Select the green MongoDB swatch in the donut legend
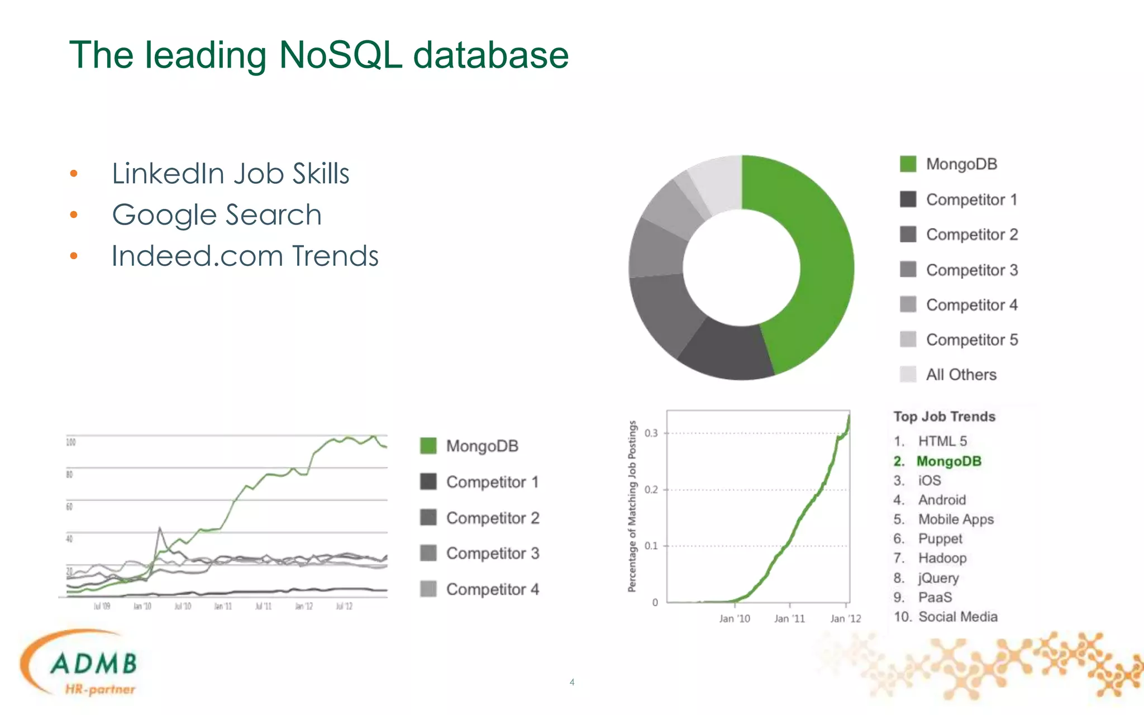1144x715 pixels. pyautogui.click(x=908, y=164)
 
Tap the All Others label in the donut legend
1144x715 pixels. pyautogui.click(x=961, y=375)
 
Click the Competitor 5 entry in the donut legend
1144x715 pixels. pyautogui.click(x=971, y=340)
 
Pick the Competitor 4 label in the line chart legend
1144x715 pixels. pyautogui.click(x=492, y=589)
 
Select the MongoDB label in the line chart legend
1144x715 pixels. pyautogui.click(x=482, y=446)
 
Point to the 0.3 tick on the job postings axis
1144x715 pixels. pyautogui.click(x=651, y=433)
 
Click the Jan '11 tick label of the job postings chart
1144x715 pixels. pyautogui.click(x=789, y=618)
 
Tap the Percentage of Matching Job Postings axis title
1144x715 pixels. pyautogui.click(x=632, y=506)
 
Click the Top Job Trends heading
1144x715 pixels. pyautogui.click(x=944, y=417)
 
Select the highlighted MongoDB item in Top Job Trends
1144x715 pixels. pyautogui.click(x=948, y=461)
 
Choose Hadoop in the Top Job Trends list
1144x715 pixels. pyautogui.click(x=942, y=558)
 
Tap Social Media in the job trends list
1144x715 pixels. pyautogui.click(x=957, y=617)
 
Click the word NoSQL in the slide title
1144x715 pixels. pyautogui.click(x=340, y=55)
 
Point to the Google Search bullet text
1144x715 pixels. pyautogui.click(x=217, y=215)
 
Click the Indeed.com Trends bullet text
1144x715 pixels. pyautogui.click(x=245, y=256)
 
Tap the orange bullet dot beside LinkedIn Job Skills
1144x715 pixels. pyautogui.click(x=74, y=174)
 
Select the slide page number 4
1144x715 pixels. pyautogui.click(x=571, y=682)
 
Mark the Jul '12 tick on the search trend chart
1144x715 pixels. pyautogui.click(x=344, y=607)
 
